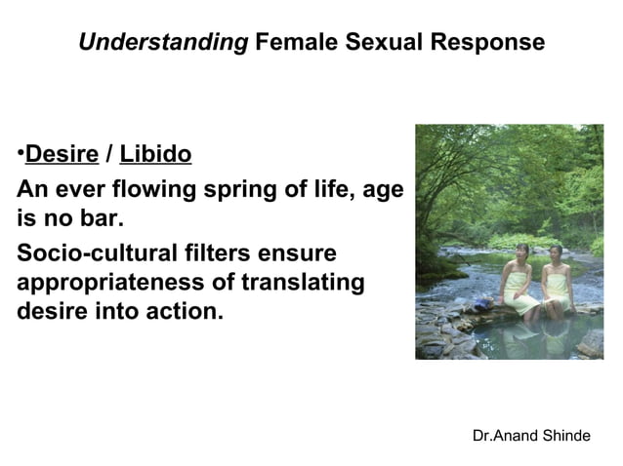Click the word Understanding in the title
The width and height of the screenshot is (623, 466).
coord(162,43)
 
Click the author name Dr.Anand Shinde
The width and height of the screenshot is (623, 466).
coord(530,435)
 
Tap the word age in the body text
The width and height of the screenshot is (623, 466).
coord(382,189)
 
